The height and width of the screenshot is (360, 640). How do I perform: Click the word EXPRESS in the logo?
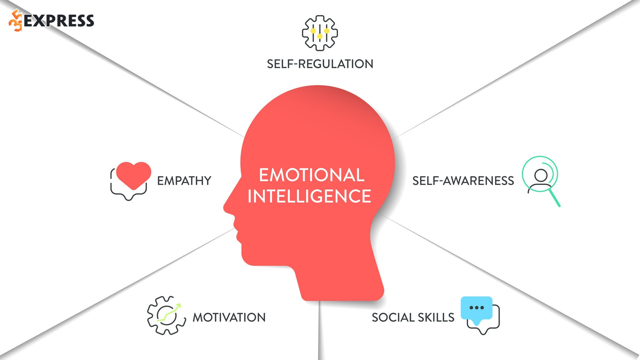pos(59,21)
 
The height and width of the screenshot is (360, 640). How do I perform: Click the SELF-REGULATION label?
pos(320,64)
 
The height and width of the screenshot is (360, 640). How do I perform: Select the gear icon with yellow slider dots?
pos(320,33)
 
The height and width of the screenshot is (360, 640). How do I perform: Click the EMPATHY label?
pos(184,181)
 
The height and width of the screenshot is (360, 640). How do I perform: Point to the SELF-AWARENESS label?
pos(463,181)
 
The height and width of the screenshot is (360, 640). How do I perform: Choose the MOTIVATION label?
pos(229,317)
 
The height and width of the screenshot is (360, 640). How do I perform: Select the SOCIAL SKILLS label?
pos(413,317)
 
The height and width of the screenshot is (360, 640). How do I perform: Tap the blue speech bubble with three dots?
pos(477,308)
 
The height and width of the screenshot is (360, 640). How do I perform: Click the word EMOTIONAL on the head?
pos(312,175)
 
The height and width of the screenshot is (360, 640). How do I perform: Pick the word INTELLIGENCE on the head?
pos(309,196)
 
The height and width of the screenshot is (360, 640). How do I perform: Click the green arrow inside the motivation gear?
pos(169,313)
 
